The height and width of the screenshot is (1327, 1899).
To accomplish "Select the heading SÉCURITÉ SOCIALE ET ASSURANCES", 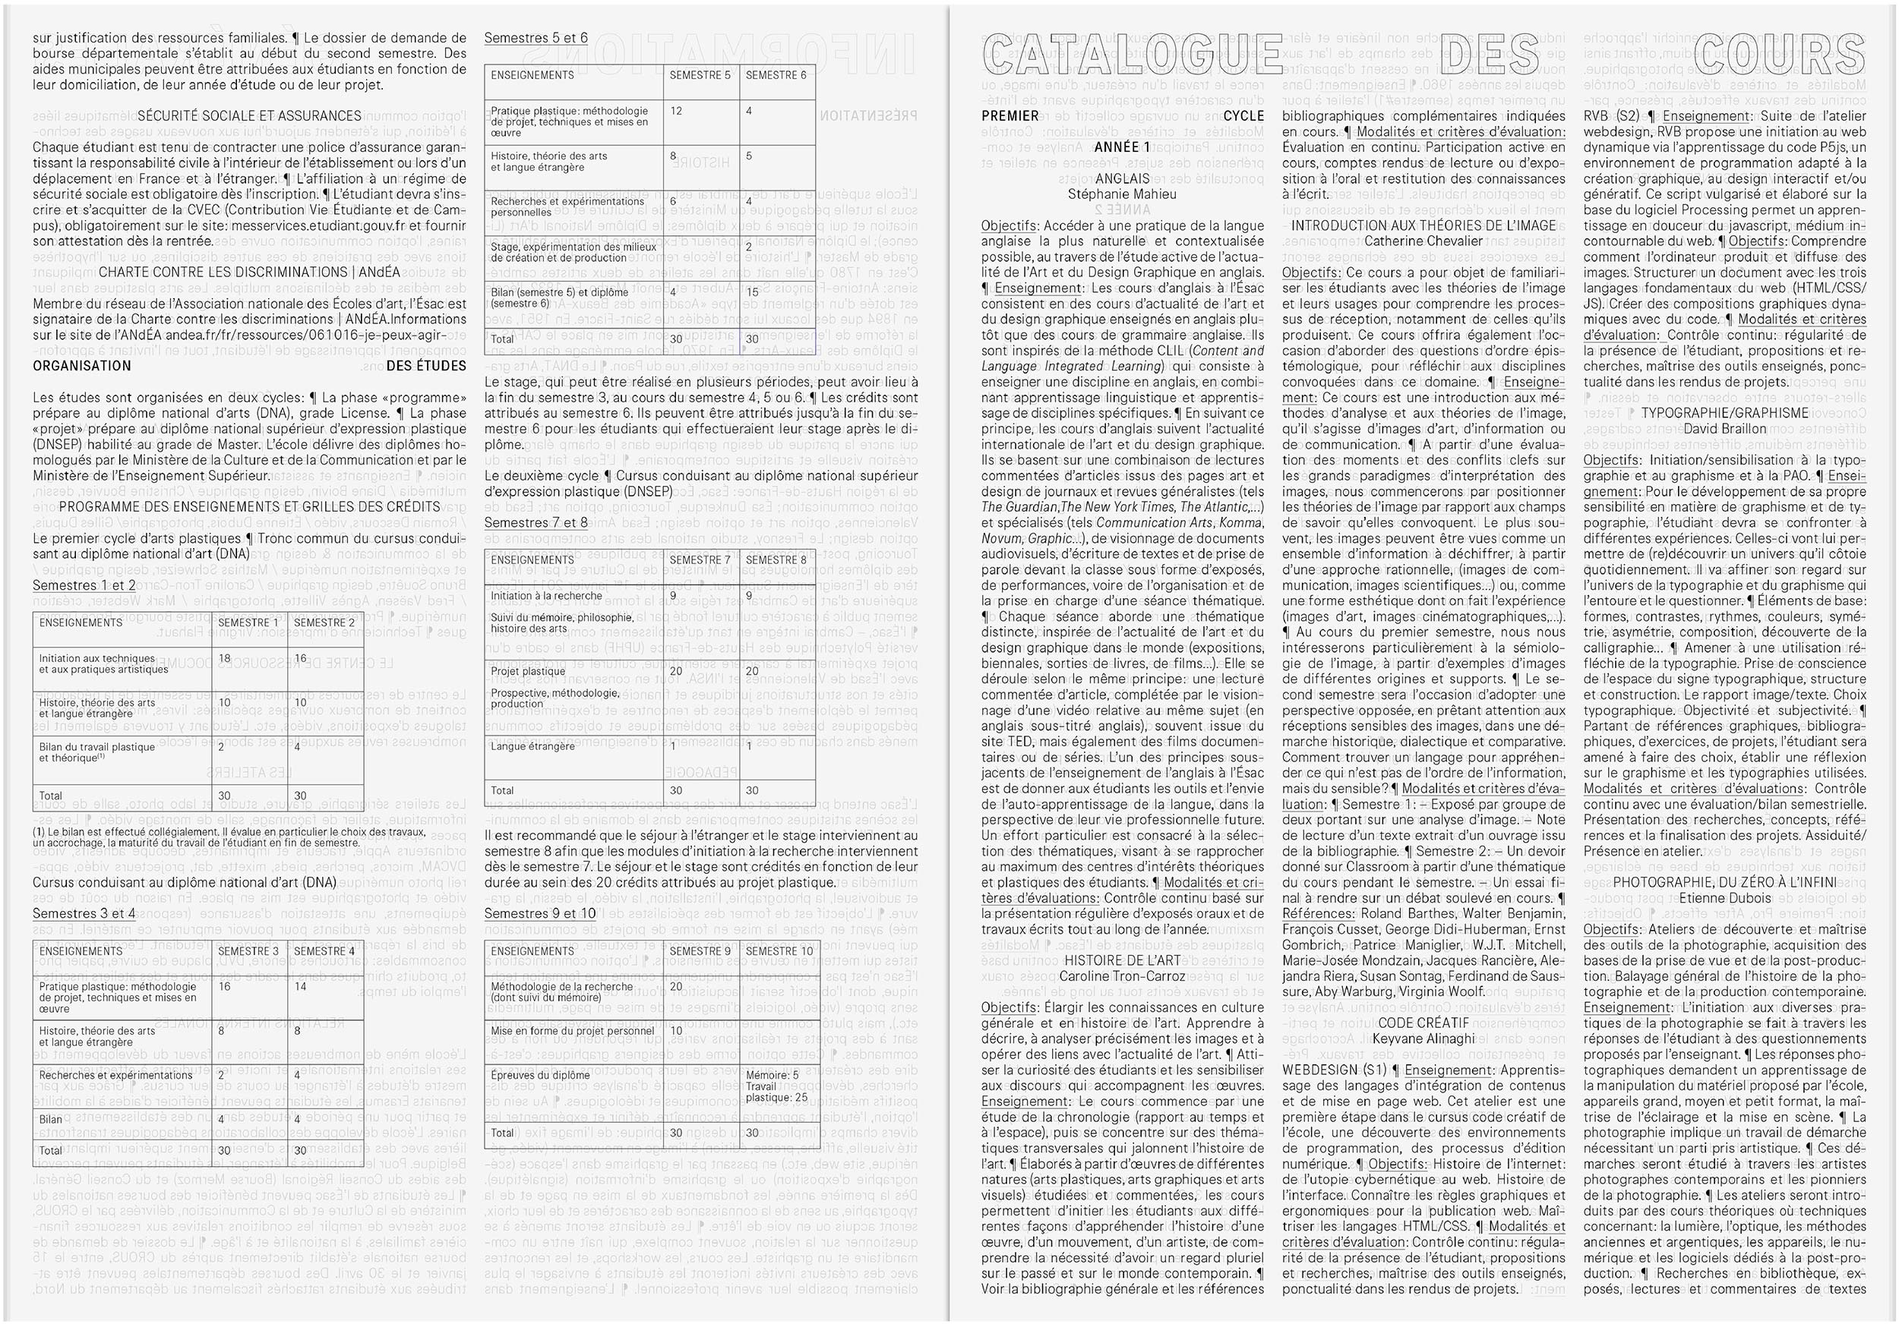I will (x=249, y=115).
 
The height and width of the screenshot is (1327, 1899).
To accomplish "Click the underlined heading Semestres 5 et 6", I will (x=536, y=38).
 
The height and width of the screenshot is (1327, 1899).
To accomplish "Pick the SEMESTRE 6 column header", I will (x=776, y=75).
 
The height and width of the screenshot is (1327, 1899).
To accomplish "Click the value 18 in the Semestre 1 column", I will (x=225, y=659).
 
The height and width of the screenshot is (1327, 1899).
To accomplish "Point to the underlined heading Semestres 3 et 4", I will (x=84, y=913).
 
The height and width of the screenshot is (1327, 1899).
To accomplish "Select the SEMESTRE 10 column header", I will (x=779, y=952).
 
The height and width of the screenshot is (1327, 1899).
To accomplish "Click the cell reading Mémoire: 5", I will (x=772, y=1076).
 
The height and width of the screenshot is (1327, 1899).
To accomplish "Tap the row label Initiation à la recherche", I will (x=546, y=596).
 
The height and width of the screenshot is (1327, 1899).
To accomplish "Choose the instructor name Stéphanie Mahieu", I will (x=1121, y=194).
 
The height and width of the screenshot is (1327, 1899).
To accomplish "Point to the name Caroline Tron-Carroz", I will (x=1123, y=976).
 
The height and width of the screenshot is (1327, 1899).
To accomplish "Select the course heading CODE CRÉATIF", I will (x=1423, y=1023).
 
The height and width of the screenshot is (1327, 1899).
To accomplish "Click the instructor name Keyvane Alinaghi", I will (x=1423, y=1039).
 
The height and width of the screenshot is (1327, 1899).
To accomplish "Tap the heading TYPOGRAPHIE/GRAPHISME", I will (x=1724, y=414).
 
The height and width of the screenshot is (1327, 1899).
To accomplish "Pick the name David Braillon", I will (x=1724, y=429).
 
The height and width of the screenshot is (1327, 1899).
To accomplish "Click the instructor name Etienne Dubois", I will (x=1724, y=898).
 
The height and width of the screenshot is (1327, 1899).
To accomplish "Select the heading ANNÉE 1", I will (x=1121, y=147).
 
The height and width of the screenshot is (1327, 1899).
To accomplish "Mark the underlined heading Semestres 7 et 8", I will (x=536, y=522).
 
